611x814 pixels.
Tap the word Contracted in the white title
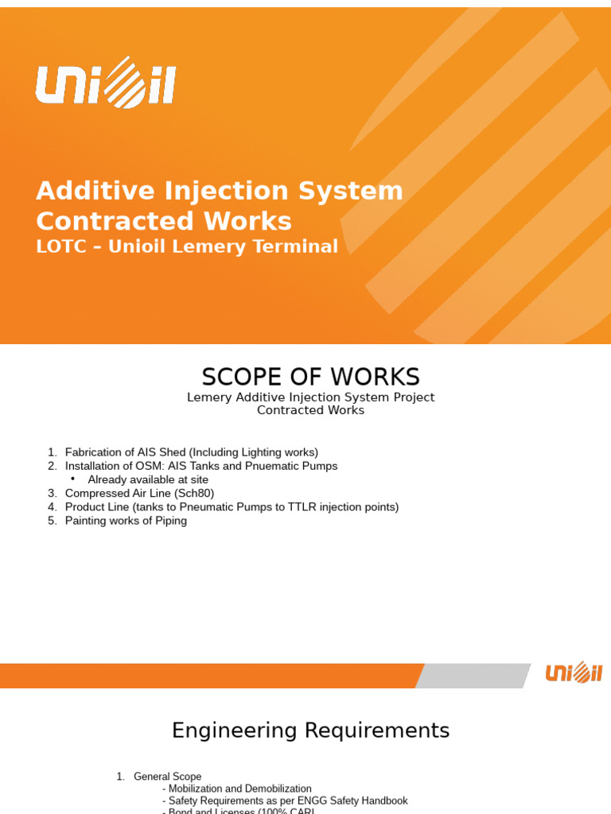click(x=103, y=221)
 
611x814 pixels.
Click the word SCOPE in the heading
click(x=241, y=377)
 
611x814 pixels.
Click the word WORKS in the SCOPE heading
click(x=374, y=377)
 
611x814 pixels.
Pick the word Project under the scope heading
click(x=411, y=397)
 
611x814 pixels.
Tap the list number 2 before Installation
click(x=52, y=466)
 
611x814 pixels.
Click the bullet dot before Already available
click(x=72, y=479)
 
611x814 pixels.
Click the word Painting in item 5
click(x=86, y=521)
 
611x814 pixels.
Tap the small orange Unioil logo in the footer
click(x=573, y=674)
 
